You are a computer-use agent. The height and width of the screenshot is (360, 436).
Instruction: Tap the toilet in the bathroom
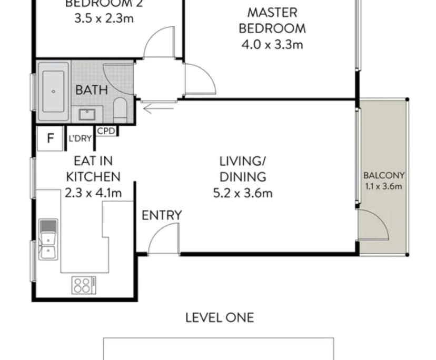tap(120, 108)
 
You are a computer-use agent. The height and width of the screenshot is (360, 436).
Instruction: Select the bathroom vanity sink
tap(86, 114)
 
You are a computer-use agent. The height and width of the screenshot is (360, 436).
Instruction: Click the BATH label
tap(92, 90)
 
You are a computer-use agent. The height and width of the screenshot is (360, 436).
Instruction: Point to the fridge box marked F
tap(51, 138)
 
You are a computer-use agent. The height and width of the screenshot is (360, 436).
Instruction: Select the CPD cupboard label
tap(106, 131)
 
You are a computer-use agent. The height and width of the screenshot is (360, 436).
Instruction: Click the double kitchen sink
tap(48, 239)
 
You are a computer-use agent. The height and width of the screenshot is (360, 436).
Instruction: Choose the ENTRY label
tap(162, 215)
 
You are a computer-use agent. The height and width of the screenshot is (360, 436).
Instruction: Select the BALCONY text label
tap(384, 176)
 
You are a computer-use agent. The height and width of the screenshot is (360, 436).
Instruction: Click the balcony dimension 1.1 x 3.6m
tap(384, 186)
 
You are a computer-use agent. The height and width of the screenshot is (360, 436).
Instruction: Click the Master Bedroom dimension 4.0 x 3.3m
tap(272, 45)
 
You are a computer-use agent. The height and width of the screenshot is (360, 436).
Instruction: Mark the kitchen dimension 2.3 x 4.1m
tap(93, 193)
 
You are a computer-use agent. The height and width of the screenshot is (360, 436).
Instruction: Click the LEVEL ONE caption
tap(219, 317)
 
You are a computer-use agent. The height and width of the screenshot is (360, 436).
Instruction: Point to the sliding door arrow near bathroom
tap(158, 109)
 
